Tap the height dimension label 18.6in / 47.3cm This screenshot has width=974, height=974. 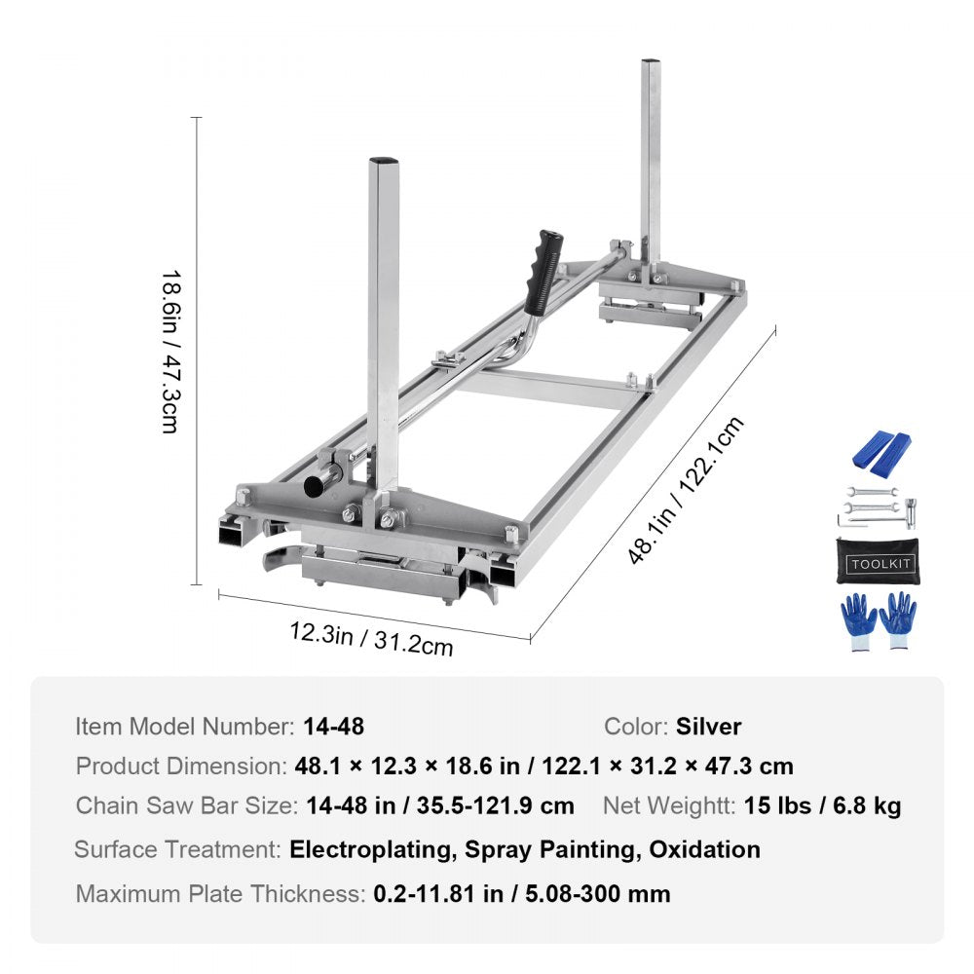pyautogui.click(x=169, y=352)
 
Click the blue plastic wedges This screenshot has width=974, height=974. pyautogui.click(x=882, y=449)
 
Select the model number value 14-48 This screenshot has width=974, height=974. pyautogui.click(x=333, y=726)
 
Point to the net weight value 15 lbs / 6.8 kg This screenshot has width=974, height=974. pyautogui.click(x=822, y=805)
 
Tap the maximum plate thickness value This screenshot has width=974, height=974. pyautogui.click(x=521, y=893)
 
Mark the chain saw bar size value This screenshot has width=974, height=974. pyautogui.click(x=439, y=805)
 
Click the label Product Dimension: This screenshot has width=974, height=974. pyautogui.click(x=180, y=766)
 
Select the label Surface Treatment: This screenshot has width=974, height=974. pyautogui.click(x=177, y=849)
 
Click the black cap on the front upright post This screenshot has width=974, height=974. pyautogui.click(x=384, y=160)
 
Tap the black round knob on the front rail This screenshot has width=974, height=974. pyautogui.click(x=317, y=484)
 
